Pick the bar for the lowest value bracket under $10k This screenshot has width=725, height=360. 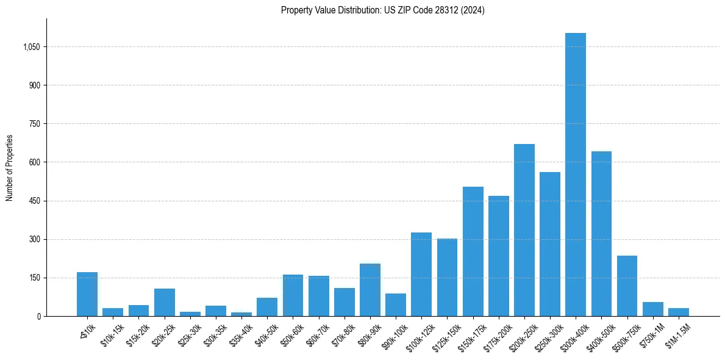pyautogui.click(x=87, y=294)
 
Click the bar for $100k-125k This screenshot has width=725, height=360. pyautogui.click(x=421, y=274)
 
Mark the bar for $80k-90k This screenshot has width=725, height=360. pyautogui.click(x=370, y=290)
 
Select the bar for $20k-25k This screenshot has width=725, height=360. pyautogui.click(x=164, y=302)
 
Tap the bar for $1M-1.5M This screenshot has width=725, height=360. pyautogui.click(x=678, y=312)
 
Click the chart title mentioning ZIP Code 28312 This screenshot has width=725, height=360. pyautogui.click(x=382, y=10)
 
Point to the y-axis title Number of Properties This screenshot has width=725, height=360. pyautogui.click(x=10, y=167)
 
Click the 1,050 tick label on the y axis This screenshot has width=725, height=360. pyautogui.click(x=32, y=47)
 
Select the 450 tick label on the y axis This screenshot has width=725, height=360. pyautogui.click(x=34, y=201)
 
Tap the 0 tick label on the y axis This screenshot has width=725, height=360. pyautogui.click(x=38, y=316)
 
